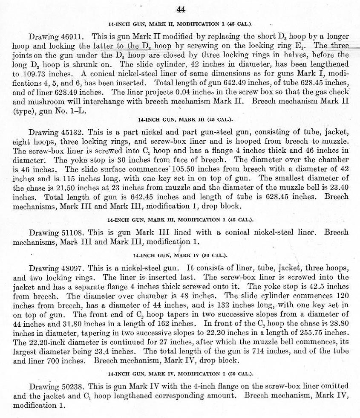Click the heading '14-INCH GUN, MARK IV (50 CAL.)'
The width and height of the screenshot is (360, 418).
click(x=180, y=255)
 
